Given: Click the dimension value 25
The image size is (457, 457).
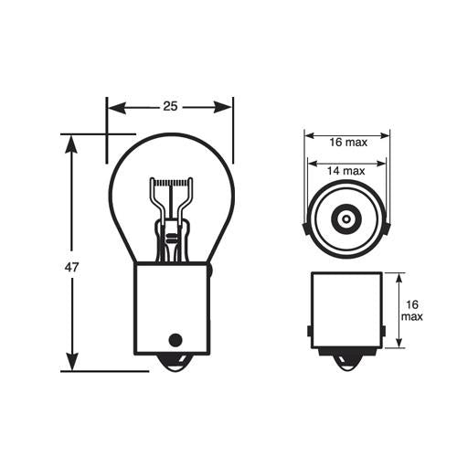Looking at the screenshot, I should [170, 107].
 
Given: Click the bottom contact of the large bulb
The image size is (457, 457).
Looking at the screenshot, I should [171, 363].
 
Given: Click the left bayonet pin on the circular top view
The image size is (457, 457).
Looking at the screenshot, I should [303, 224].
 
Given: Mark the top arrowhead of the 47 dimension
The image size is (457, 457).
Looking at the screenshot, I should [70, 140].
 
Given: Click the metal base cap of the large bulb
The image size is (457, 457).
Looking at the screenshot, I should [171, 306].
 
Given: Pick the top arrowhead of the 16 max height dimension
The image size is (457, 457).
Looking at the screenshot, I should [399, 277].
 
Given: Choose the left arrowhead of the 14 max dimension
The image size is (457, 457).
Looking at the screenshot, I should [312, 170].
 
